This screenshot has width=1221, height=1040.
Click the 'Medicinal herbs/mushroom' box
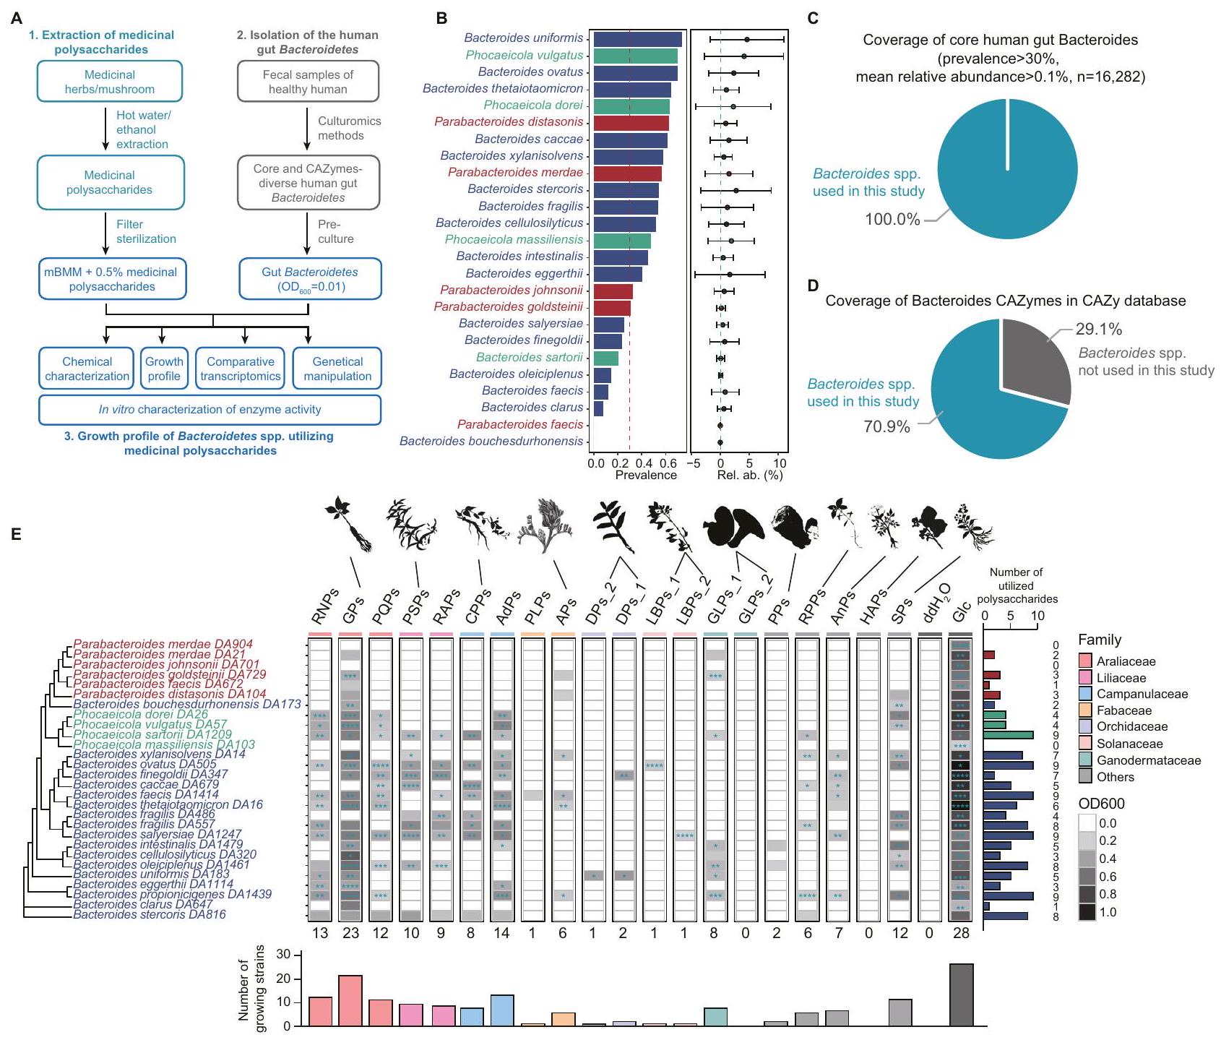109,82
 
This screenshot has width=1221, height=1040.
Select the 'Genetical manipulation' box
337,369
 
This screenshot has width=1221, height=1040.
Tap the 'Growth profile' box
164,369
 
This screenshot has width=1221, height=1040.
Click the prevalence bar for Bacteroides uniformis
636,39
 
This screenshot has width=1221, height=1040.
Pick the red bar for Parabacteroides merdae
626,173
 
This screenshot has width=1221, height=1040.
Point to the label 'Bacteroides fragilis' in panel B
530,206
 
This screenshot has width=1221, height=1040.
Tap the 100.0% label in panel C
893,219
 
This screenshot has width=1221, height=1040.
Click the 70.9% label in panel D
886,426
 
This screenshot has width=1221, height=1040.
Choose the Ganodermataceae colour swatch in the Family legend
1085,760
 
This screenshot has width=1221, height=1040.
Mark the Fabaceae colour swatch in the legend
1085,710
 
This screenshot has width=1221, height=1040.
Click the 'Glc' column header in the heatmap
962,613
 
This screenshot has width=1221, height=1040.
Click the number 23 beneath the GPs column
350,933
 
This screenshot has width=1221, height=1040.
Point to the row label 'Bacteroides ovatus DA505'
144,765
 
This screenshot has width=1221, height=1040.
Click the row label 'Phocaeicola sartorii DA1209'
152,734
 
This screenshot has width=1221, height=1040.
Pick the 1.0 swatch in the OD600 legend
1087,912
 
